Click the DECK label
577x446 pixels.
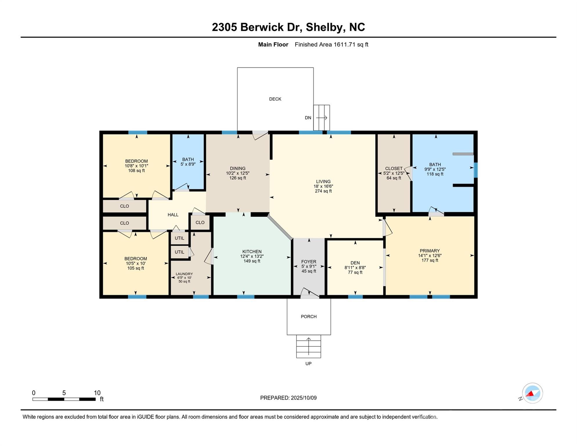[275, 99]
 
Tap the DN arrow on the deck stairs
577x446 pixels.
[322, 118]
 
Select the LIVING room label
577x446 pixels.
[323, 181]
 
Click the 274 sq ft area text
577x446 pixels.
[323, 191]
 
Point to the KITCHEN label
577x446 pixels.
[252, 251]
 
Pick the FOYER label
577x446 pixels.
[309, 262]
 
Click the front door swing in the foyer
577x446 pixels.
[310, 293]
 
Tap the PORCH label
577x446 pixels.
[309, 316]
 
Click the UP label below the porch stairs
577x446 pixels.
[308, 364]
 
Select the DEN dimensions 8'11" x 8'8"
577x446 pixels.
[355, 268]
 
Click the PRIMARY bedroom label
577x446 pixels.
[430, 251]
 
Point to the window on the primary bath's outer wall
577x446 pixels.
[475, 170]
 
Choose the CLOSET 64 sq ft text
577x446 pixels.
[394, 178]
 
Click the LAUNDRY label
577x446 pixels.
[184, 274]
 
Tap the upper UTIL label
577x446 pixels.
[179, 238]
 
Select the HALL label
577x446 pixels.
[173, 215]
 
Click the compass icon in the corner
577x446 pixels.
[532, 393]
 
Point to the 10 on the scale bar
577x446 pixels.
[97, 393]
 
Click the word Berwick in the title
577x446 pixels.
[262, 27]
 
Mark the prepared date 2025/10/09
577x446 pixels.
[303, 398]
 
